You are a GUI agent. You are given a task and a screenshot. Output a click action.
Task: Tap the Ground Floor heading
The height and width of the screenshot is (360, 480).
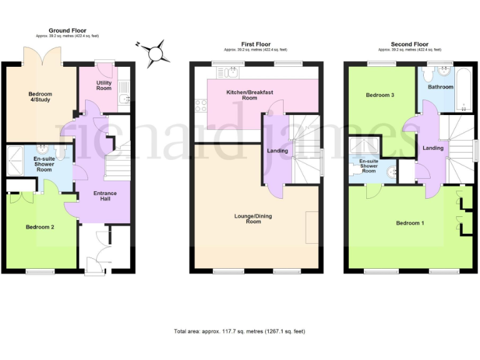coord(67,30)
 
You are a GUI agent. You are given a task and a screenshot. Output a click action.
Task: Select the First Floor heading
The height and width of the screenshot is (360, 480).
coord(256,44)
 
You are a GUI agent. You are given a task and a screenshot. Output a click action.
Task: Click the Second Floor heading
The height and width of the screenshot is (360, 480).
coord(409,44)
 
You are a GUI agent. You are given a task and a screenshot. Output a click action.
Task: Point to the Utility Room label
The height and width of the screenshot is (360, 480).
coord(104,86)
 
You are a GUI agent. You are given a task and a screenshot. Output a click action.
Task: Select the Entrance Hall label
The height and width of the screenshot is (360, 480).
coord(105,196)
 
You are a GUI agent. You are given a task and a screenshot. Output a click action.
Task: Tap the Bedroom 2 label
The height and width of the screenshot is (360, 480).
coord(39,227)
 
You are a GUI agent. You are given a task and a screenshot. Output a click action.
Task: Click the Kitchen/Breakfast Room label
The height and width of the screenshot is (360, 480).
coord(250,95)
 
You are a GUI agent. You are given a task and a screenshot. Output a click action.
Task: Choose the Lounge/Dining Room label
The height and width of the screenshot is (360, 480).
coord(253,219)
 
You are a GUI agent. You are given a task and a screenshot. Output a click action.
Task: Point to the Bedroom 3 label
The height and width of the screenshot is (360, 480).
coord(380,94)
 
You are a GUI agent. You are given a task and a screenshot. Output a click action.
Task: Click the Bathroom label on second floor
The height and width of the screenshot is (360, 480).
coord(441,87)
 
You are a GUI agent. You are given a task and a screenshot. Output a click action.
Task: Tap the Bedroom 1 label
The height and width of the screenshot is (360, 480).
coord(410,222)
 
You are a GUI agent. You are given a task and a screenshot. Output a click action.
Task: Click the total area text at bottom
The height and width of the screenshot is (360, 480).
coord(239,331)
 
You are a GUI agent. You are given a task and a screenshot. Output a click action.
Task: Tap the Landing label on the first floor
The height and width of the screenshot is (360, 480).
coord(277,151)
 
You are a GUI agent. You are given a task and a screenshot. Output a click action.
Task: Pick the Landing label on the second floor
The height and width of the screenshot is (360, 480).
coord(432,148)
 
